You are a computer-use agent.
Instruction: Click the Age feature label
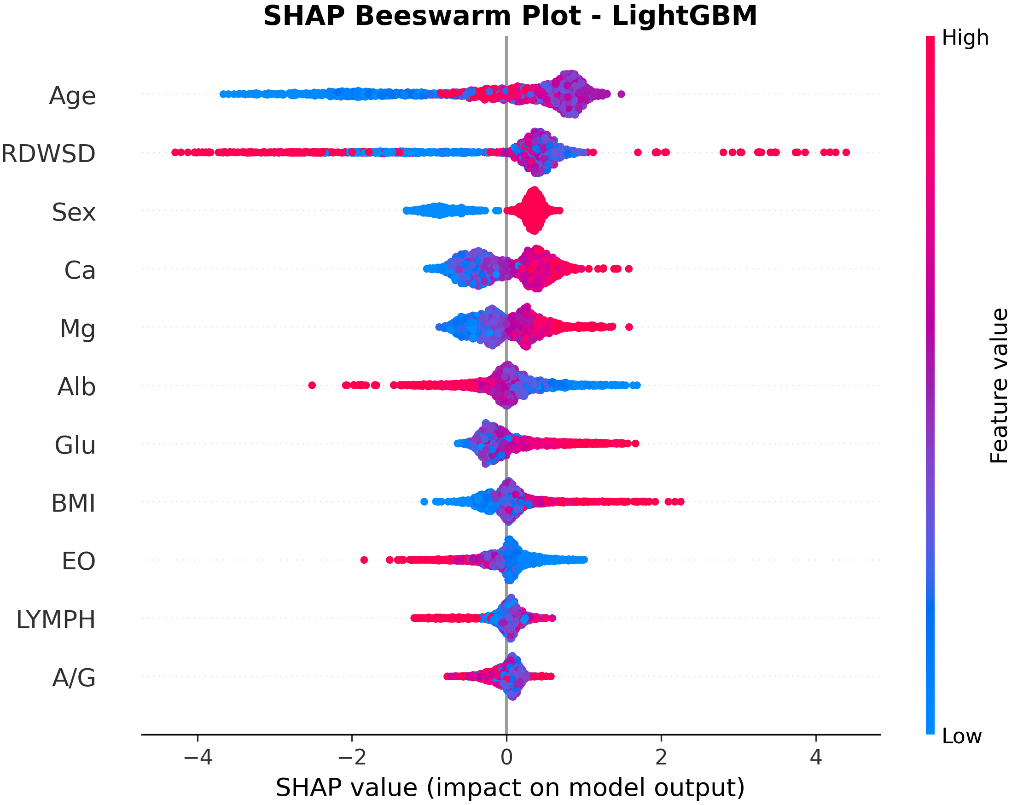[x=72, y=96]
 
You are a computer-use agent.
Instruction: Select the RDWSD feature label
[x=48, y=154]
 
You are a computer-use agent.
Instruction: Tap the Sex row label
[x=74, y=212]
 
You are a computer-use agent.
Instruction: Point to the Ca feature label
[x=80, y=270]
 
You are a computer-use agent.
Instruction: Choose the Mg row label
[x=77, y=328]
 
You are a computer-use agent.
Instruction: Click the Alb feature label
[x=76, y=387]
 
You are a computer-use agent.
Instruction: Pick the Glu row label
[x=75, y=445]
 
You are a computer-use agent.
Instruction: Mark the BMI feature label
[x=73, y=503]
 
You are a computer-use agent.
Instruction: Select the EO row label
[x=78, y=561]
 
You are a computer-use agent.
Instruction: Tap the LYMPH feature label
[x=56, y=619]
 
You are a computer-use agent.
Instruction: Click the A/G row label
[x=74, y=678]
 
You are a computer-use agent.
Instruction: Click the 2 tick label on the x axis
[x=661, y=757]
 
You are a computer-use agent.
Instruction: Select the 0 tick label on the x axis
[x=506, y=757]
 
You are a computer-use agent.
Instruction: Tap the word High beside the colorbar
[x=965, y=38]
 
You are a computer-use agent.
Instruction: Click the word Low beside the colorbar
[x=961, y=737]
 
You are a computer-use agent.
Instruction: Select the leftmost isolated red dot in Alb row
[x=312, y=385]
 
